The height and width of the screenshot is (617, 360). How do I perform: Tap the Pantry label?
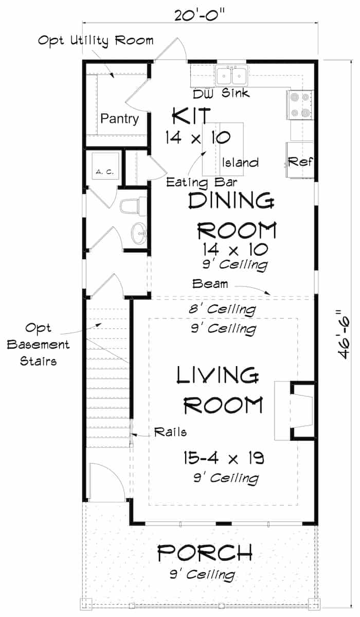[x=119, y=119]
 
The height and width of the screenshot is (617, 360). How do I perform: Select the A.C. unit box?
[x=105, y=172]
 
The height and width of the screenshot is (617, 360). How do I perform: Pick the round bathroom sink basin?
[x=138, y=234]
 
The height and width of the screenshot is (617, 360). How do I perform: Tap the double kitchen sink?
[x=231, y=76]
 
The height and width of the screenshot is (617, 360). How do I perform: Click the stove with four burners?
[x=299, y=104]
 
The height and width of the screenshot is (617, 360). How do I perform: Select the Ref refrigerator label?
[x=300, y=161]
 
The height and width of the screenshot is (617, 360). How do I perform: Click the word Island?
[x=240, y=163]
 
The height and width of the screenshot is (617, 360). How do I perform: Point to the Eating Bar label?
[x=193, y=182]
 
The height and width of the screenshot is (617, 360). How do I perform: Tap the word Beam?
[x=209, y=283]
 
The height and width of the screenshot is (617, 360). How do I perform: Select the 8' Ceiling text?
[x=223, y=310]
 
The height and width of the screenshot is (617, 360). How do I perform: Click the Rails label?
[x=170, y=432]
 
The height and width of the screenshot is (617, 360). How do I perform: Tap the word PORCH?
[x=205, y=553]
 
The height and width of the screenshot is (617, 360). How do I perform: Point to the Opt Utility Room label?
[x=96, y=40]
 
